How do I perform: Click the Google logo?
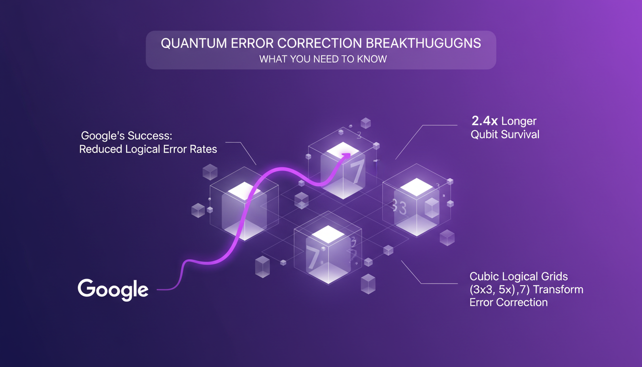(113, 289)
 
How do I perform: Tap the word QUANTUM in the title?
(187, 43)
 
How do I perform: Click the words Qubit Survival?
(505, 134)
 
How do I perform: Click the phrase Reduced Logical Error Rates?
(148, 149)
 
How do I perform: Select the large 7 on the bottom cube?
(313, 258)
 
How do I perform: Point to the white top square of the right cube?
(416, 187)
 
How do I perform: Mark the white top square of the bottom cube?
(328, 234)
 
